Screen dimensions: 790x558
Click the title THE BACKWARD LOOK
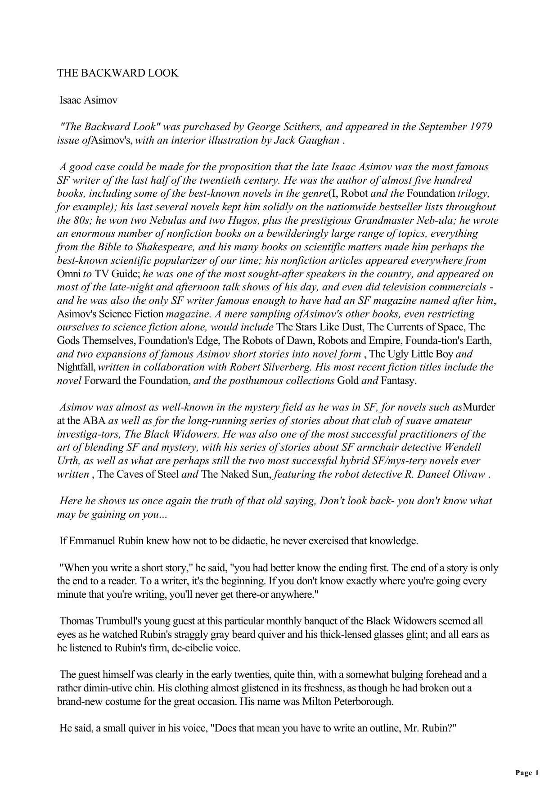117,73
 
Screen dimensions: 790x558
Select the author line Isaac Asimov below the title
88,100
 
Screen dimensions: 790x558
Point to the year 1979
481,126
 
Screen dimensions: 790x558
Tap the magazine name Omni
69,274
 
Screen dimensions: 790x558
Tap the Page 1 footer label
527,773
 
